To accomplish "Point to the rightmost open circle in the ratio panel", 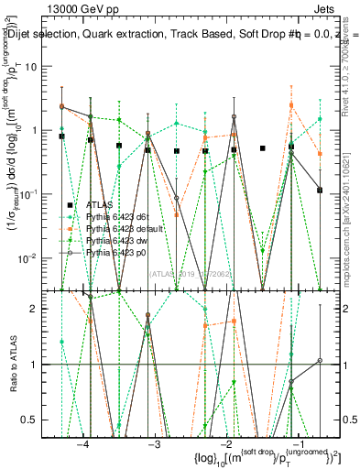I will click(x=320, y=360).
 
